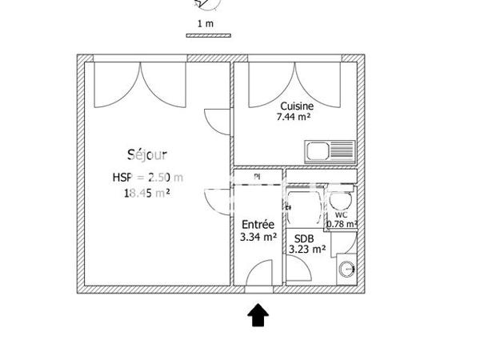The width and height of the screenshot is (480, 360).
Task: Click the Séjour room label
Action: pyautogui.click(x=147, y=154)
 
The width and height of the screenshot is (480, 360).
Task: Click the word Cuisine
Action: pyautogui.click(x=296, y=106)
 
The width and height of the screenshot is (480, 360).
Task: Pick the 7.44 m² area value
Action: pyautogui.click(x=294, y=117)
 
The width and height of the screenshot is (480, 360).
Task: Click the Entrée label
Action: pyautogui.click(x=258, y=225)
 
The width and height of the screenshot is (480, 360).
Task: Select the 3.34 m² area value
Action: pyautogui.click(x=258, y=237)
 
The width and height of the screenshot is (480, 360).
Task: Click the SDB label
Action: pyautogui.click(x=304, y=238)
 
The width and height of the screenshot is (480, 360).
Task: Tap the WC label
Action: pyautogui.click(x=341, y=214)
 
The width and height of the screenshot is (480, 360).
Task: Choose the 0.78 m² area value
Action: pyautogui.click(x=342, y=224)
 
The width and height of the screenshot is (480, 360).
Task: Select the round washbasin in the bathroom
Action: pyautogui.click(x=348, y=268)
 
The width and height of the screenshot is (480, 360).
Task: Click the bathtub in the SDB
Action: pyautogui.click(x=304, y=204)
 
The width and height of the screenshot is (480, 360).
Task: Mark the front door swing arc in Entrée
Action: pyautogui.click(x=258, y=274)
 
